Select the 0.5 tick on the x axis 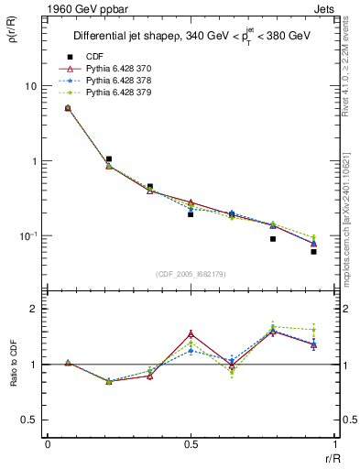pyautogui.click(x=190, y=444)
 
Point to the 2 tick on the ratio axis pyautogui.click(x=34, y=309)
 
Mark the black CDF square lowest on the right pyautogui.click(x=313, y=251)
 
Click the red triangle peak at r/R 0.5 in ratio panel pyautogui.click(x=191, y=333)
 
